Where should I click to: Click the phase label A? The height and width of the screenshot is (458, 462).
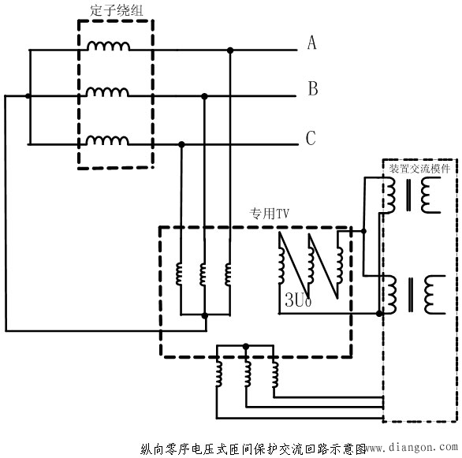pyautogui.click(x=311, y=43)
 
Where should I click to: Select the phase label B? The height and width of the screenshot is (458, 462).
pyautogui.click(x=312, y=89)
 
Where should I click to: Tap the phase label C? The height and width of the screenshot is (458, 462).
pyautogui.click(x=311, y=139)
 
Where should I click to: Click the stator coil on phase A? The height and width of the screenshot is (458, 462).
pyautogui.click(x=109, y=47)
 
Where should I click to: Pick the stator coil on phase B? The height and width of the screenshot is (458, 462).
pyautogui.click(x=109, y=93)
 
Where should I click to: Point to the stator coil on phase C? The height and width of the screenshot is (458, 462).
pyautogui.click(x=109, y=141)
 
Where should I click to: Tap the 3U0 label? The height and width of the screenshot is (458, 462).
pyautogui.click(x=296, y=302)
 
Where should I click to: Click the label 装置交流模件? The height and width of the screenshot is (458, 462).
pyautogui.click(x=420, y=168)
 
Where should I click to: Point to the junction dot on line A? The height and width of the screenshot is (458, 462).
pyautogui.click(x=229, y=50)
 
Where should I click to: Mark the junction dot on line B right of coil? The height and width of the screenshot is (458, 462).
pyautogui.click(x=205, y=96)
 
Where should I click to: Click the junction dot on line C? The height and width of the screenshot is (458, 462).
pyautogui.click(x=182, y=144)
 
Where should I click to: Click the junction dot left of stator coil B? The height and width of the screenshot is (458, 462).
pyautogui.click(x=29, y=96)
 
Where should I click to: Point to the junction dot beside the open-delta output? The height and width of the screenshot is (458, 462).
pyautogui.click(x=363, y=231)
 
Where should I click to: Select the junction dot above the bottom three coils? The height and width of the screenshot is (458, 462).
pyautogui.click(x=246, y=345)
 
